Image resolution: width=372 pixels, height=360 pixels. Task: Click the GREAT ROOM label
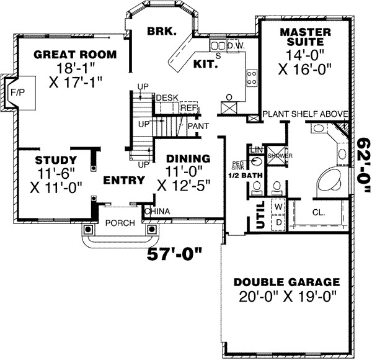tap(75, 55)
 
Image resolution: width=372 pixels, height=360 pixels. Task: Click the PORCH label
tap(116, 223)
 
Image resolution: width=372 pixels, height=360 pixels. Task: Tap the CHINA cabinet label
tap(157, 212)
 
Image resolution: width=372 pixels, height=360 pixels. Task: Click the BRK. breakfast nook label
tap(162, 30)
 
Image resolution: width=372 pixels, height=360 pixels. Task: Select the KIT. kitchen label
tap(205, 63)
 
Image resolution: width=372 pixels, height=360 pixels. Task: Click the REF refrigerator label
tap(188, 107)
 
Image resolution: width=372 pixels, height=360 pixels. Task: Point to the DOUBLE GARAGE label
tap(286, 281)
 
